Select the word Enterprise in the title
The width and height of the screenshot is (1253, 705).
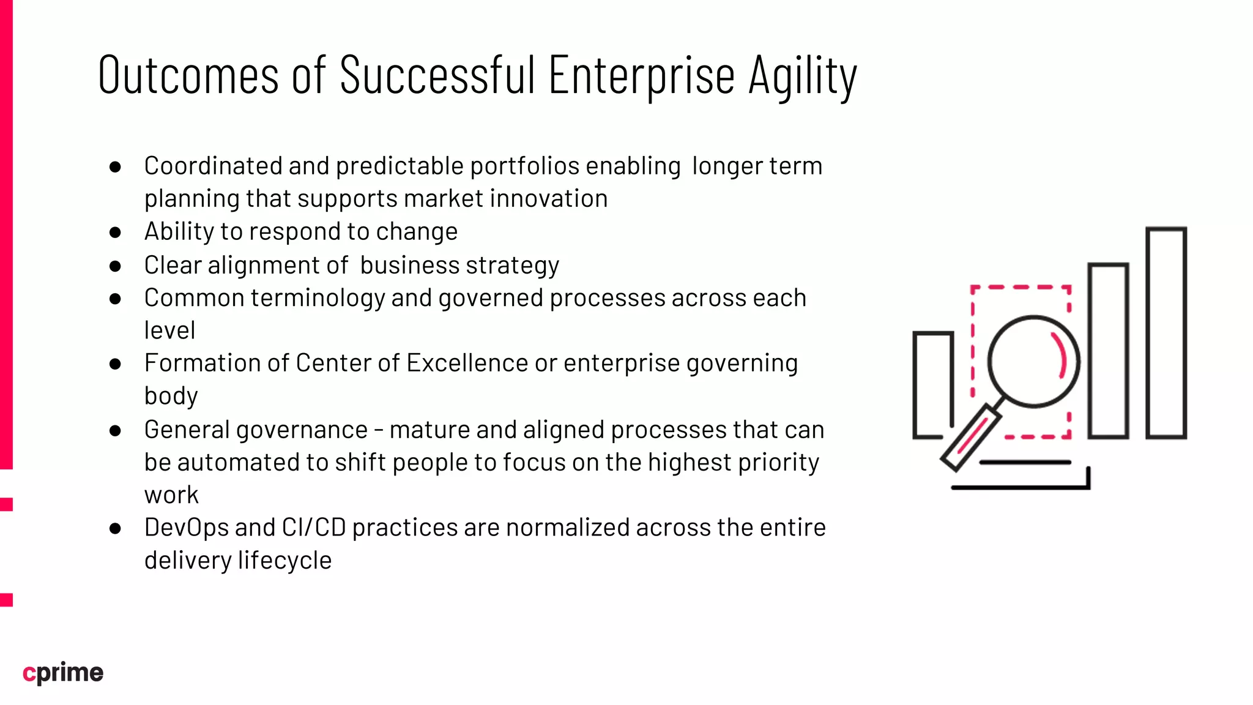[x=641, y=76]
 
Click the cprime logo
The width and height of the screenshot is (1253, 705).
[x=63, y=673]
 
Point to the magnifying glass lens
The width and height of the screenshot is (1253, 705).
[x=1033, y=361]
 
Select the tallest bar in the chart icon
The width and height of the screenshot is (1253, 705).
[x=1166, y=333]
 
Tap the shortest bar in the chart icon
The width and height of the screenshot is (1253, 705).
[x=933, y=384]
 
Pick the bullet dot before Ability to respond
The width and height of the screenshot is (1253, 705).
[x=115, y=233]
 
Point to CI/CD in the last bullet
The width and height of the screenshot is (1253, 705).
[x=313, y=528]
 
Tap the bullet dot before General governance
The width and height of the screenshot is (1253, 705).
[x=115, y=431]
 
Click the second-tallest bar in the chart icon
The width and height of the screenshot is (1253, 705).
[x=1108, y=351]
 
